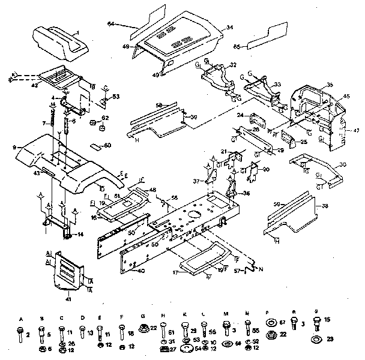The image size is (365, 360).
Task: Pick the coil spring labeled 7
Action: pos(59,124)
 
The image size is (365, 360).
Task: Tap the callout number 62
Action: pos(105,118)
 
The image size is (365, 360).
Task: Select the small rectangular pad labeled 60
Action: pos(95,146)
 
